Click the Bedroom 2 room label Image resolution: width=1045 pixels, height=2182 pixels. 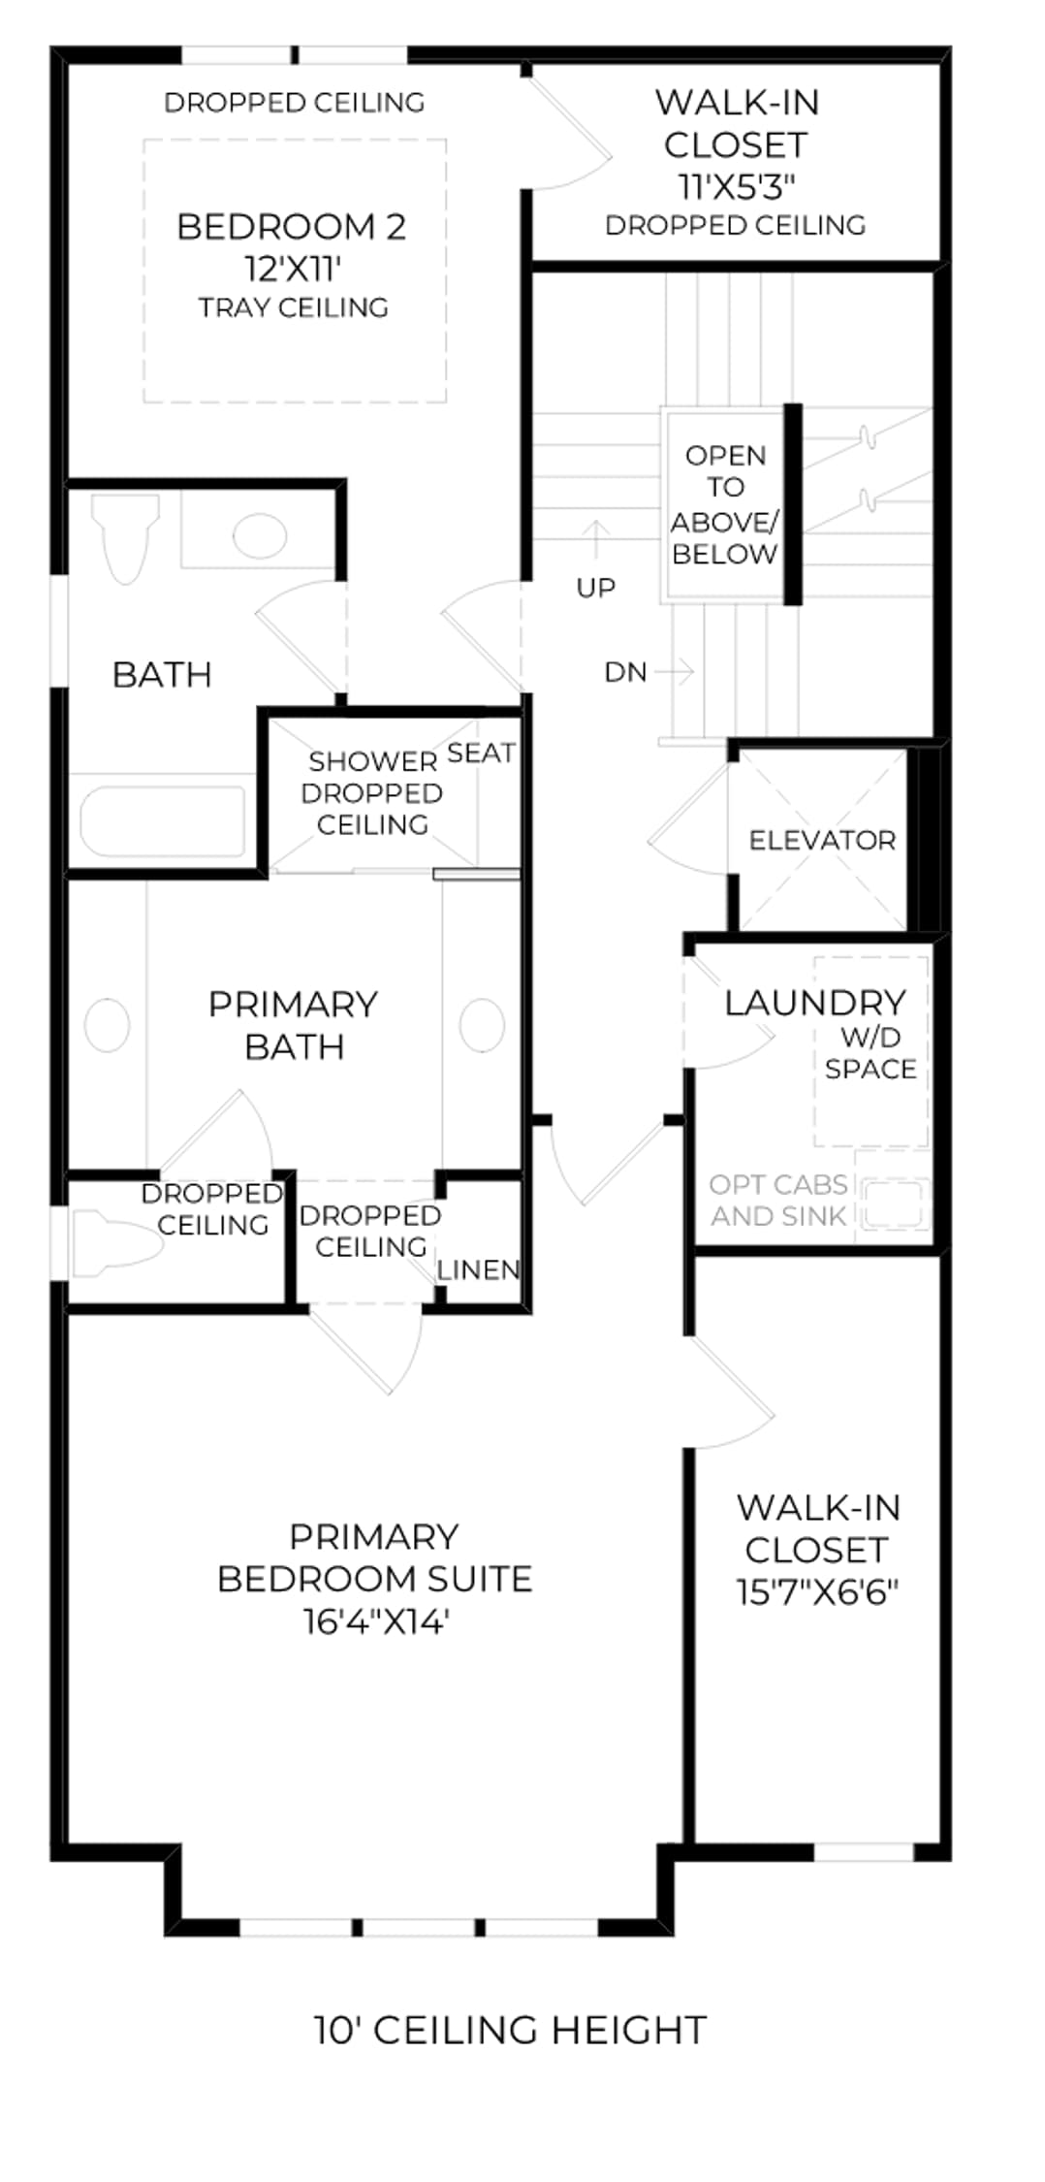coord(291,227)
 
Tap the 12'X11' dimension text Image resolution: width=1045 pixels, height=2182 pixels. coord(293,269)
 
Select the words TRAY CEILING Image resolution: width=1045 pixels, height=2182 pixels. coord(293,307)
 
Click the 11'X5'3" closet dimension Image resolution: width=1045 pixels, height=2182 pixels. coord(737,185)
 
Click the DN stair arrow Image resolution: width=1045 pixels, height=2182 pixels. coord(675,671)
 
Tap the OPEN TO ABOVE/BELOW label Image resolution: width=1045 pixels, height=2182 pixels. coord(725,505)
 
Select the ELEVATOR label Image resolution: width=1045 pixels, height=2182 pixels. coord(822,840)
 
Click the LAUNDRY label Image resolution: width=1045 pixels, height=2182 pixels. coord(815,1002)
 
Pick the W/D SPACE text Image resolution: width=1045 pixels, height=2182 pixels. coord(871,1052)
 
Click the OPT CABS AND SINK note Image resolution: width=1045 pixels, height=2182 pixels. coord(779,1200)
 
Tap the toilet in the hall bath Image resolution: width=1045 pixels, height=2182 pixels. coord(126,539)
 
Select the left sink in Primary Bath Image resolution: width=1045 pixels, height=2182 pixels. coord(108,1025)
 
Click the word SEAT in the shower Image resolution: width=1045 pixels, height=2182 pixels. coord(481,753)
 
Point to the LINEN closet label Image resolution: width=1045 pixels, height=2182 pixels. coord(479,1269)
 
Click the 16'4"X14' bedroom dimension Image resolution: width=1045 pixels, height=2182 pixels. coord(376,1621)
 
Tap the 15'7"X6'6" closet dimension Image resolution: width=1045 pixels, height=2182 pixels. coord(817,1592)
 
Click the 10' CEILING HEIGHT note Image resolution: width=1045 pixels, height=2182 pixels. coord(510,2030)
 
